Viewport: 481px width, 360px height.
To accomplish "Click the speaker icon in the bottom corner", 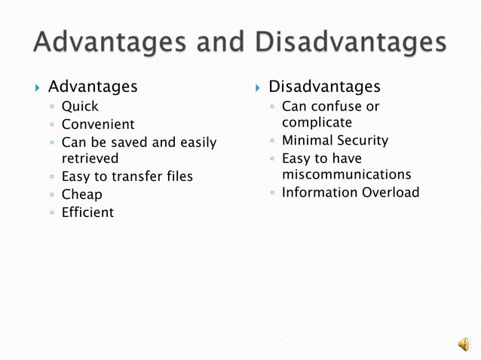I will click(463, 344).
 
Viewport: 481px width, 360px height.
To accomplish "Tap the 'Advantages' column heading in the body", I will click(93, 87).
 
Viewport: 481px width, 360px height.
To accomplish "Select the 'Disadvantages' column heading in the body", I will click(324, 87).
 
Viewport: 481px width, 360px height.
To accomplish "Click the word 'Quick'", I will click(80, 106).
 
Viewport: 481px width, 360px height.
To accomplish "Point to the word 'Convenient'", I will click(98, 124).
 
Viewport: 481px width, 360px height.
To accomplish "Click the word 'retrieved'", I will click(90, 158).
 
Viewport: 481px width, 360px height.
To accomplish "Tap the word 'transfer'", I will click(139, 176).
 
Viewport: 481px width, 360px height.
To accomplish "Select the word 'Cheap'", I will click(81, 194).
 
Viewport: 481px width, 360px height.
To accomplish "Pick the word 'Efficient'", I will click(87, 212).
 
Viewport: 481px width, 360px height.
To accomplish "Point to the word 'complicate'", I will click(317, 122).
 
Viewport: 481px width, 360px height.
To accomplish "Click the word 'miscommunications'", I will click(346, 174).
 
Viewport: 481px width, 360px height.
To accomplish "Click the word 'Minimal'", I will click(306, 140).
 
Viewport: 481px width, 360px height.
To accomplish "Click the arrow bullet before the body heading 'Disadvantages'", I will click(259, 88).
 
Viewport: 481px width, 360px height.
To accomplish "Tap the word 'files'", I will click(179, 176).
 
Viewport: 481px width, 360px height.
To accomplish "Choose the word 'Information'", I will click(319, 192).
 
